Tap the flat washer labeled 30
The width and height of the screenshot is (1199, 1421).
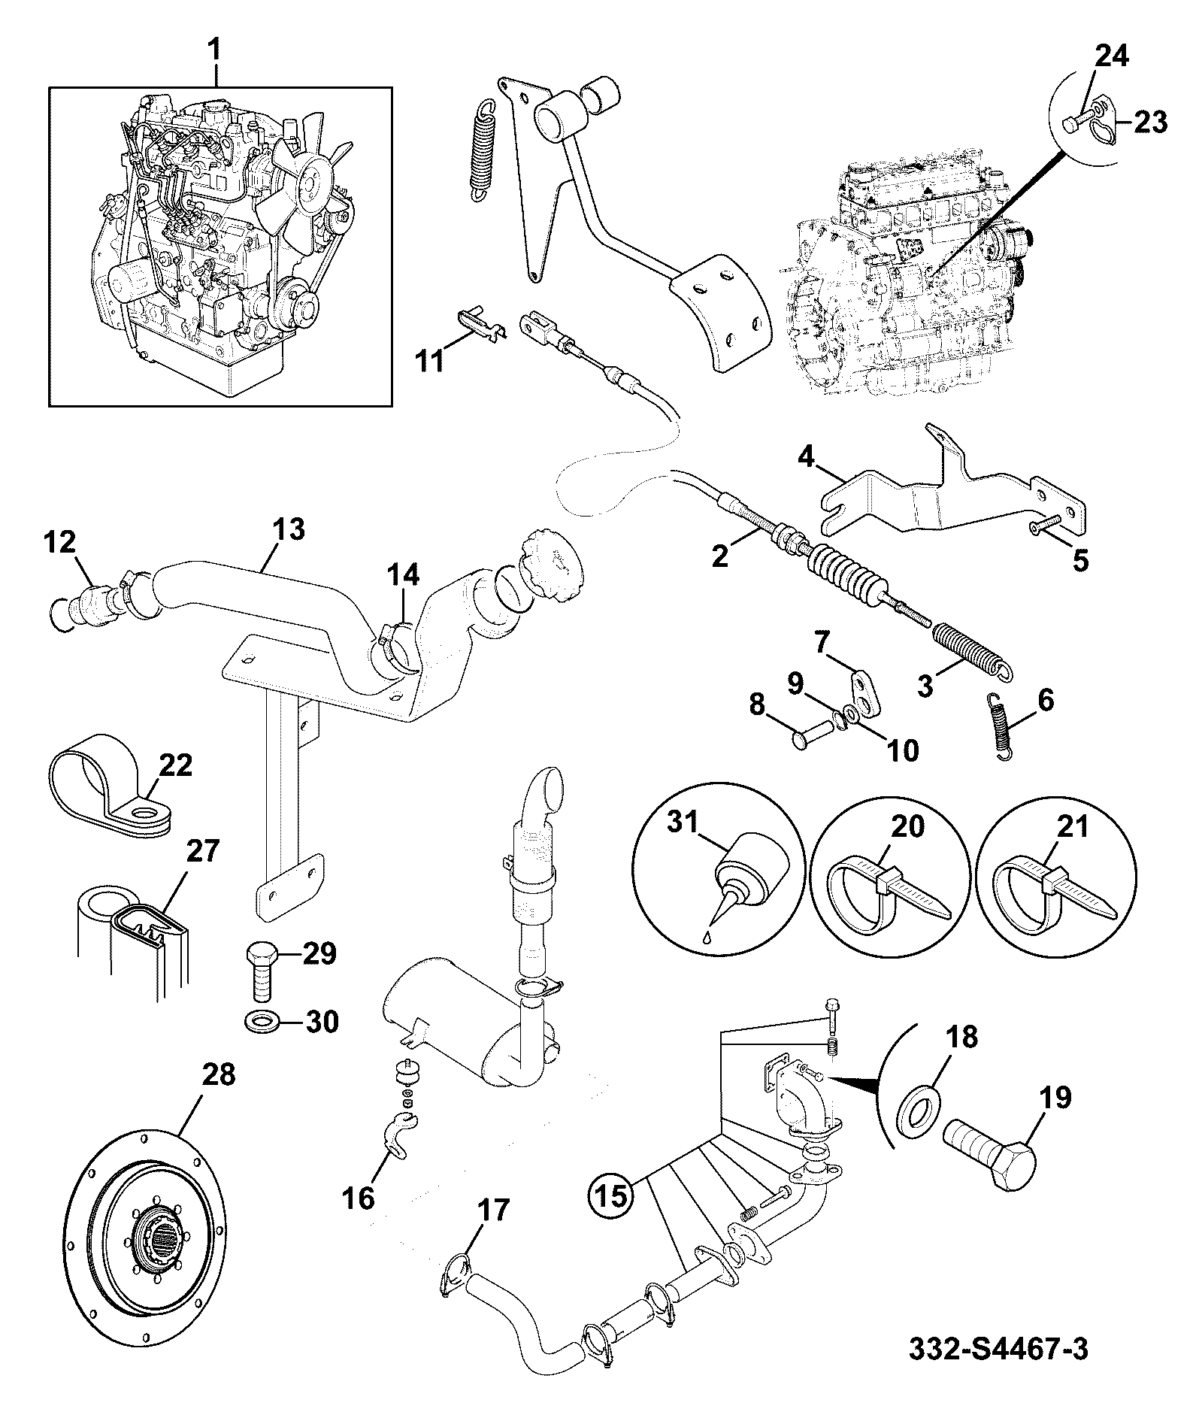(262, 1023)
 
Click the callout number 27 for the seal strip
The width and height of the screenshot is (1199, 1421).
(203, 851)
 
